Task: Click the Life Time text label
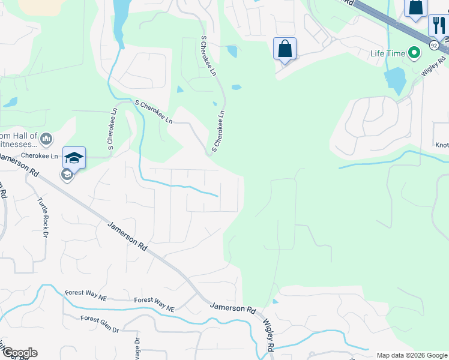(388, 53)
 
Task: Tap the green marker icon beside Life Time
(414, 53)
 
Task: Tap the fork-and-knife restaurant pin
(438, 26)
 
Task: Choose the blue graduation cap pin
(74, 158)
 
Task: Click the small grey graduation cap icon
(67, 175)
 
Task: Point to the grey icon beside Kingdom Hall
(47, 140)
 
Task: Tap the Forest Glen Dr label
(100, 323)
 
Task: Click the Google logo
(19, 353)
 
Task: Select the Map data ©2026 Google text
(411, 355)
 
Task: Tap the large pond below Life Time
(394, 81)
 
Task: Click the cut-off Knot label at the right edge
(442, 145)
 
